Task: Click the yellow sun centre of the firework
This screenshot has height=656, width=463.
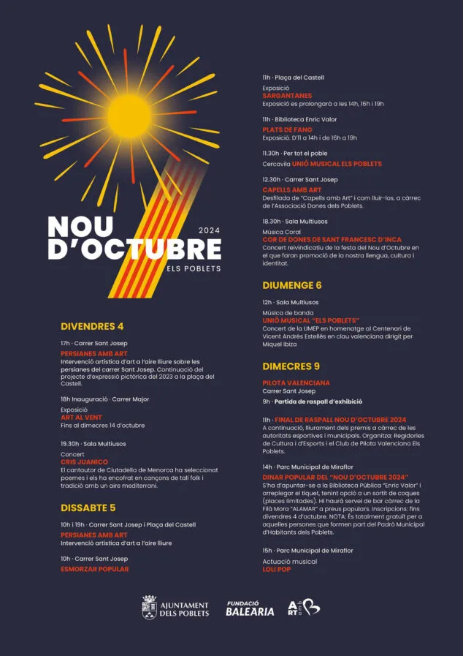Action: pyautogui.click(x=129, y=113)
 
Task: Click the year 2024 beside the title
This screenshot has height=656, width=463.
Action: pyautogui.click(x=210, y=229)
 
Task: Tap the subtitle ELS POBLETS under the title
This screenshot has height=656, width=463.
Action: pyautogui.click(x=194, y=268)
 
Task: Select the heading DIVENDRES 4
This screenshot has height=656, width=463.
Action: pyautogui.click(x=92, y=326)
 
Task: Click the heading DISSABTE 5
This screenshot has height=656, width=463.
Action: pyautogui.click(x=88, y=508)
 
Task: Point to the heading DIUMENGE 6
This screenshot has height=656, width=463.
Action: pyautogui.click(x=292, y=285)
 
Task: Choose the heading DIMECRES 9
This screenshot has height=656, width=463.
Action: pyautogui.click(x=291, y=366)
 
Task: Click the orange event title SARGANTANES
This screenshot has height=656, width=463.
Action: pyautogui.click(x=287, y=96)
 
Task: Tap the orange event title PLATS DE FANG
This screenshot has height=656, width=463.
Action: pyautogui.click(x=288, y=129)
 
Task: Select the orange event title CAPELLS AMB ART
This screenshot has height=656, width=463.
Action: pyautogui.click(x=292, y=189)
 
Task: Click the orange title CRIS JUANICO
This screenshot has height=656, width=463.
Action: pyautogui.click(x=85, y=462)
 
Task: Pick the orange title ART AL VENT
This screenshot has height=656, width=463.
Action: pyautogui.click(x=82, y=417)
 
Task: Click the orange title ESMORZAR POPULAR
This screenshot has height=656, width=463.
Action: pyautogui.click(x=95, y=568)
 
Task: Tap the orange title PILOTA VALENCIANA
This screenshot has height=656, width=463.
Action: pyautogui.click(x=296, y=382)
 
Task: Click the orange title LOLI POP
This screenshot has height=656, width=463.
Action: pyautogui.click(x=277, y=569)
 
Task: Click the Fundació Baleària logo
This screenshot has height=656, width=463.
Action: pyautogui.click(x=250, y=608)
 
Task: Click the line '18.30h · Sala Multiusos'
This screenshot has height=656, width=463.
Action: pyautogui.click(x=295, y=221)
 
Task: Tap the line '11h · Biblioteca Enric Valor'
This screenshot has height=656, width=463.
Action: pyautogui.click(x=300, y=119)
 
